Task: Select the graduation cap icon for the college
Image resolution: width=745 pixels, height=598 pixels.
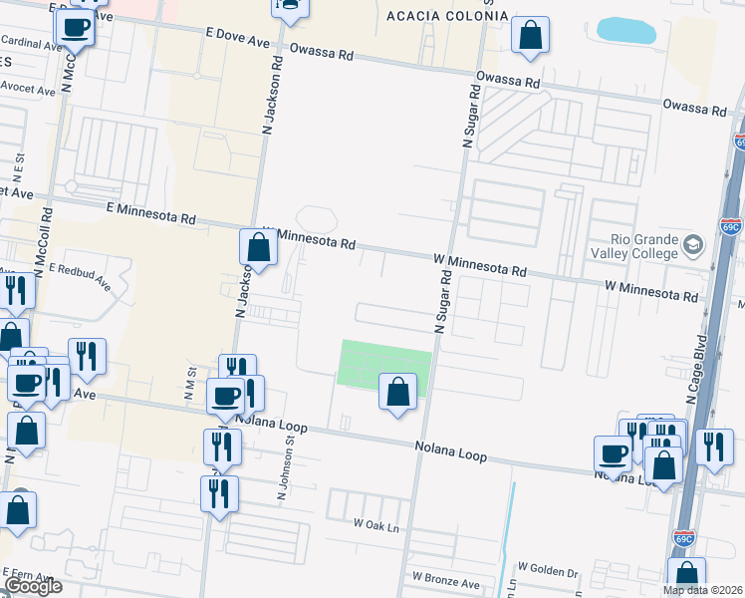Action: [x=693, y=243]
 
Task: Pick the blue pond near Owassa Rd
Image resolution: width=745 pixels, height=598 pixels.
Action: [x=625, y=30]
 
